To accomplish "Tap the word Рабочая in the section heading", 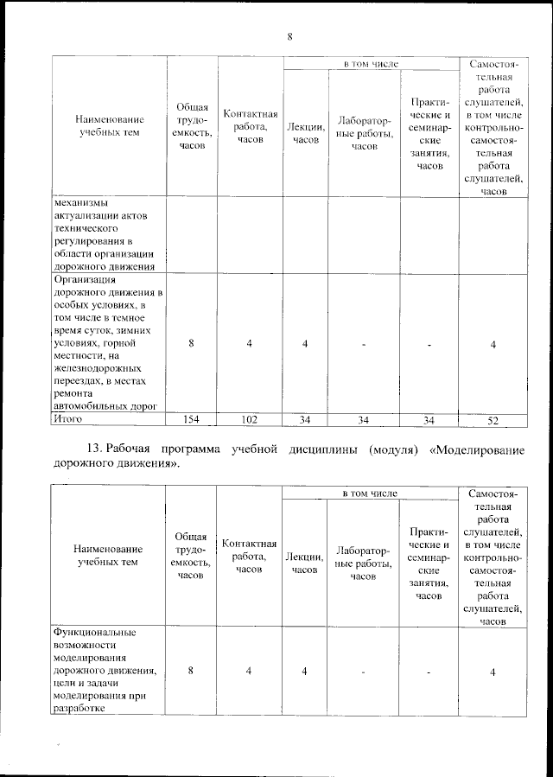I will (x=135, y=449).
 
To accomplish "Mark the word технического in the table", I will (x=87, y=220).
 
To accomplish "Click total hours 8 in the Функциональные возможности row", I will (x=191, y=672).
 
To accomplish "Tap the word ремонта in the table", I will (x=73, y=392).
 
